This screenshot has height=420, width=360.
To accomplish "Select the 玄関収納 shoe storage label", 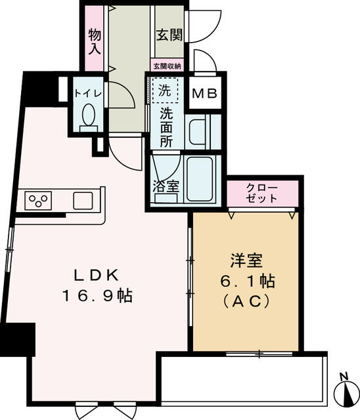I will point(168,66).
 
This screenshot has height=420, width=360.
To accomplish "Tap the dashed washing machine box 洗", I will point(166,91).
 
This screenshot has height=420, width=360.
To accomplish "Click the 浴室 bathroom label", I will point(166,186).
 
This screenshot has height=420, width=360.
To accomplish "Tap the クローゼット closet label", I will point(262,194).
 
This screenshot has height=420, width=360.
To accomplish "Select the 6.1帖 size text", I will point(247,281).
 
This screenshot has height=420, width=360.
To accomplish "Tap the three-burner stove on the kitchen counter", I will point(39,199).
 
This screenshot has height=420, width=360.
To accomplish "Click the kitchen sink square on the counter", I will point(83,199).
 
